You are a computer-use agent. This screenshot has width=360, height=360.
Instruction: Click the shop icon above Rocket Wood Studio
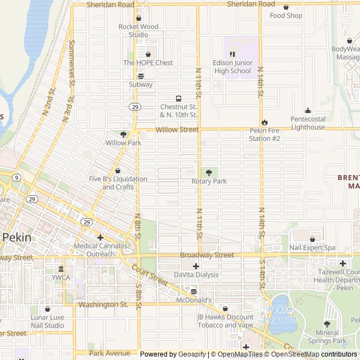(138, 18)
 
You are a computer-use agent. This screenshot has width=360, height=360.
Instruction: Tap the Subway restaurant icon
(141, 76)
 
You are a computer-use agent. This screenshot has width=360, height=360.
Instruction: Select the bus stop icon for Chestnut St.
(178, 98)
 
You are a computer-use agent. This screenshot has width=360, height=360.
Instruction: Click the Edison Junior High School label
(233, 67)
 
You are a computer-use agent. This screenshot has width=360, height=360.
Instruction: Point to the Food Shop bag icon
(286, 7)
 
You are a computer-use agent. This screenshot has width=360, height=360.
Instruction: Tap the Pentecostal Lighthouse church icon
(308, 111)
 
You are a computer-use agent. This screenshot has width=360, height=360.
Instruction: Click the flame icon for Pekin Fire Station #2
(264, 123)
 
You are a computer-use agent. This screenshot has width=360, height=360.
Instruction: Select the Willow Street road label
(177, 129)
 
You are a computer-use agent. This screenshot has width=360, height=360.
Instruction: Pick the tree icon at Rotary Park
(209, 173)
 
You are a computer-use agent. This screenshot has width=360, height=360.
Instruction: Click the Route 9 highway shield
(17, 178)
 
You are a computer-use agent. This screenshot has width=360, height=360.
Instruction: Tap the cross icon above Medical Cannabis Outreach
(100, 237)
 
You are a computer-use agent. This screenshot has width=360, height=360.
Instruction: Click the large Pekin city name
(17, 237)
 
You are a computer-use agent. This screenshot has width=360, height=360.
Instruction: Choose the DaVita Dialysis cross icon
(196, 266)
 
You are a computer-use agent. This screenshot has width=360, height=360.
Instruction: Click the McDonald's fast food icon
(194, 291)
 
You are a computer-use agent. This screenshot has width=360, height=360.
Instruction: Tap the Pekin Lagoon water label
(280, 314)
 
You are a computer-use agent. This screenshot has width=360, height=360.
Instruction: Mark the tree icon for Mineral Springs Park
(327, 324)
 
